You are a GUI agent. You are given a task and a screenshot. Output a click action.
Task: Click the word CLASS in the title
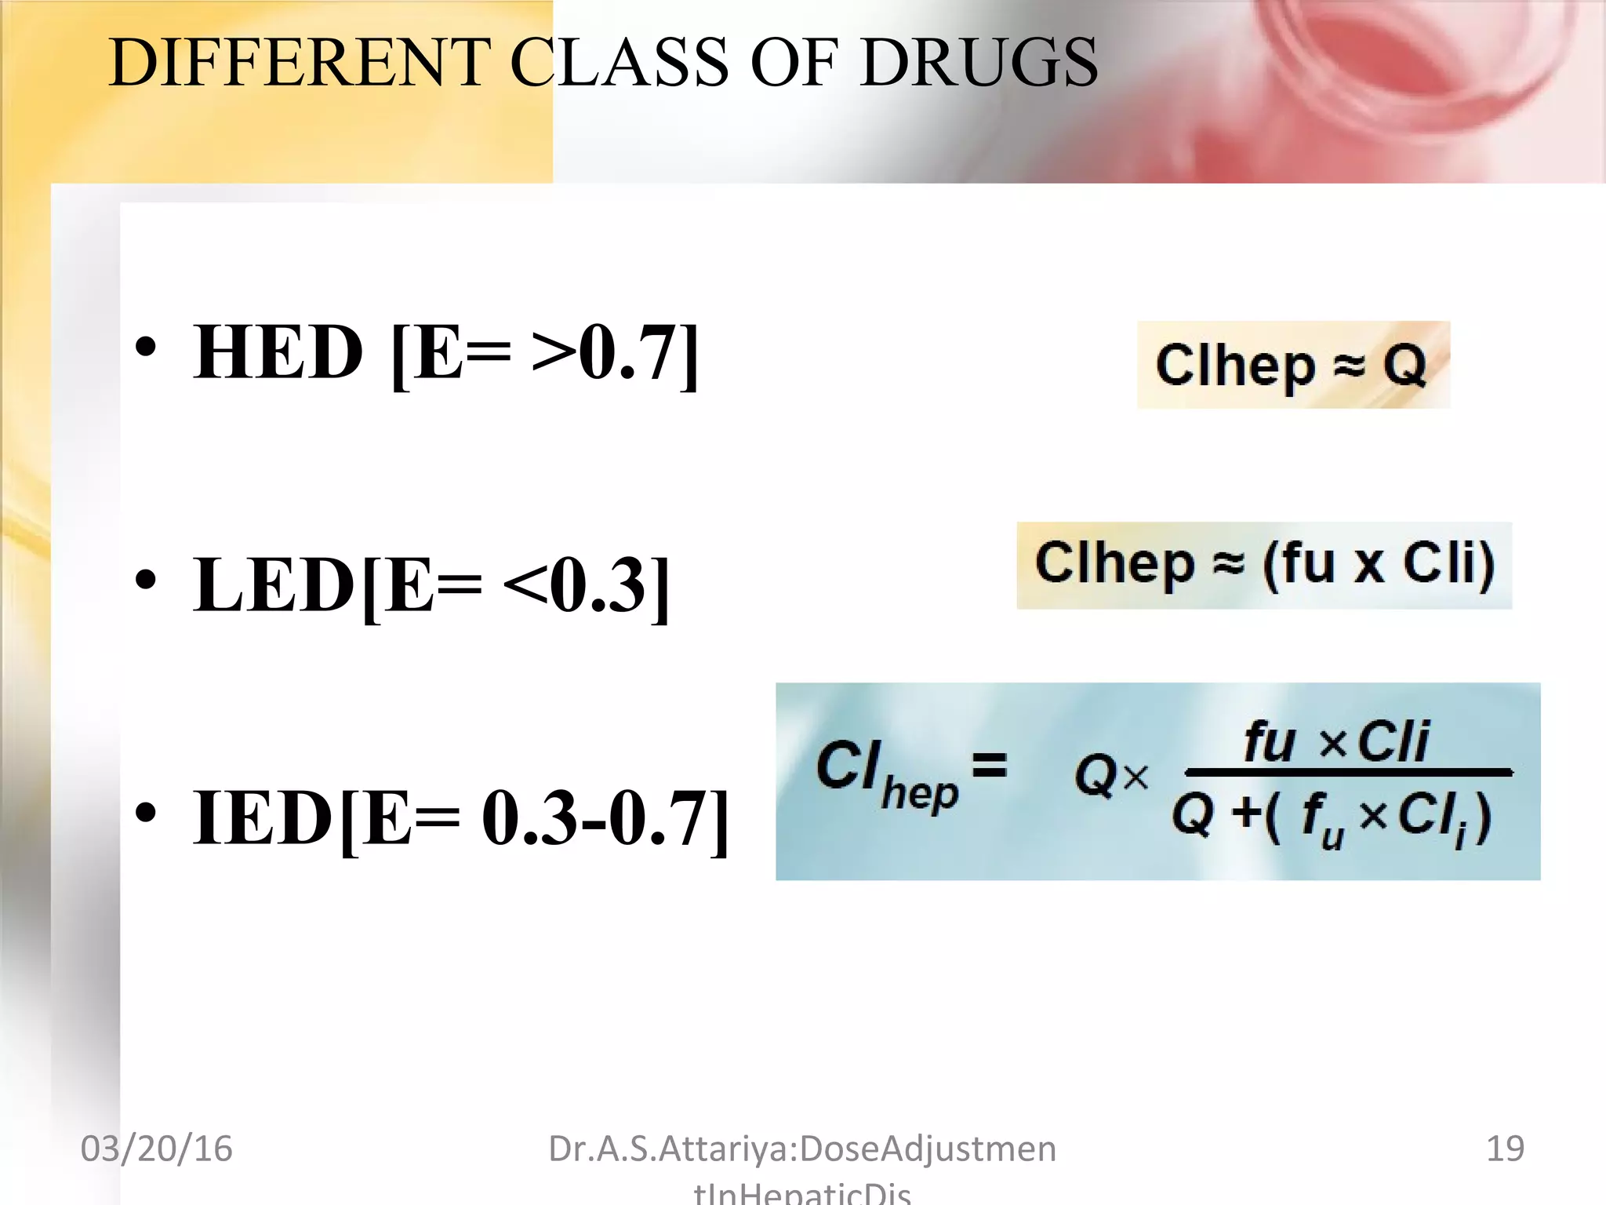[620, 63]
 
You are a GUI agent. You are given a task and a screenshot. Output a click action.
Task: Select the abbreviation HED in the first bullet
[278, 353]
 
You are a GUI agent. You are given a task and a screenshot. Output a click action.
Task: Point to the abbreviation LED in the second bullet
[274, 585]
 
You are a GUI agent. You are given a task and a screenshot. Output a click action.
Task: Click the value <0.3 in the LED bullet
[580, 585]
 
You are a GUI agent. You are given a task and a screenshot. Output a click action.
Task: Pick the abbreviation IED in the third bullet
[263, 818]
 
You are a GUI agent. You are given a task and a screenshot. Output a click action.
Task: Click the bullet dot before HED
[146, 347]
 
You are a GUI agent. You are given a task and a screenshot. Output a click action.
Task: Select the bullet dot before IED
[146, 813]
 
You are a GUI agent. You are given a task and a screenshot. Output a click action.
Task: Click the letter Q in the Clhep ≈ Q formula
[1404, 365]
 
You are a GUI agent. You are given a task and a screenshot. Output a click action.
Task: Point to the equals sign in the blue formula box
[989, 763]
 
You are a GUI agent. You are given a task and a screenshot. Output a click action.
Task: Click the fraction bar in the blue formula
[1348, 773]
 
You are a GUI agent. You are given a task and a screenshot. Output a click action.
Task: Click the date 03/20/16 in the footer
[157, 1149]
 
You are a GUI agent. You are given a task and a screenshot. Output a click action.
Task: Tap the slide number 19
[1505, 1149]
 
